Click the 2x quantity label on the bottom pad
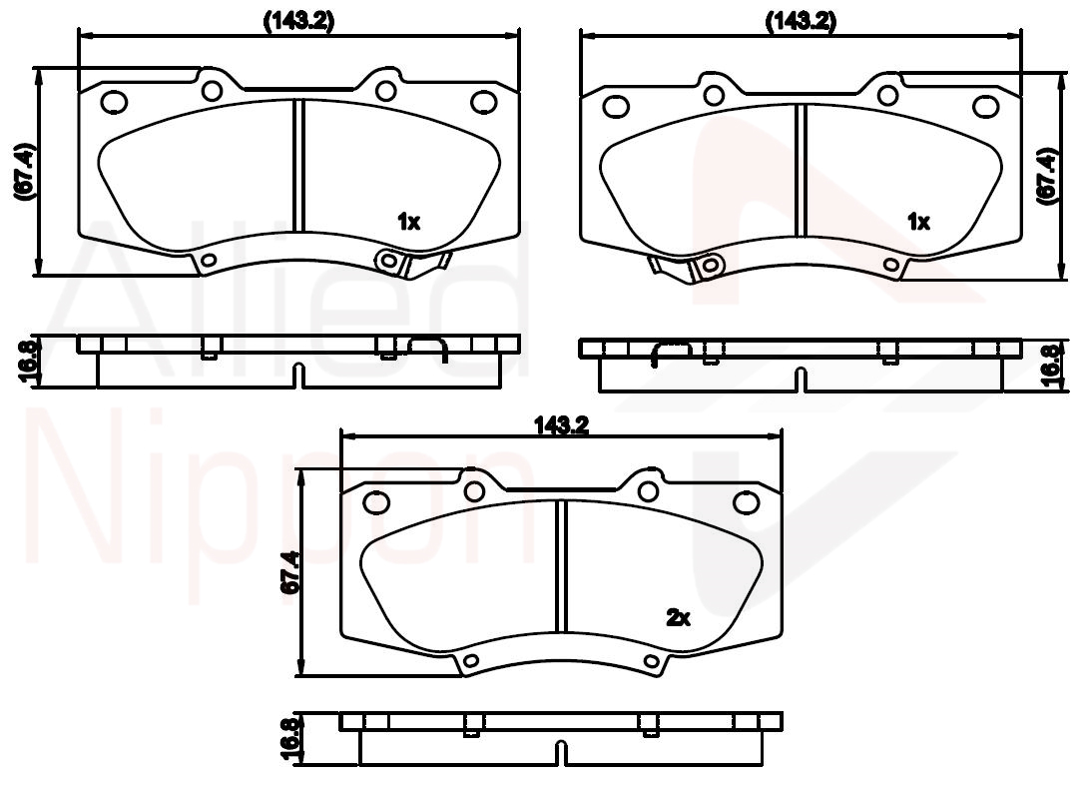pyautogui.click(x=678, y=617)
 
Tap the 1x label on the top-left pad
pyautogui.click(x=408, y=222)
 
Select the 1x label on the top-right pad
pyautogui.click(x=918, y=222)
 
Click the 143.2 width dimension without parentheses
pyautogui.click(x=561, y=426)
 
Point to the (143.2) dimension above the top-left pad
pyautogui.click(x=298, y=21)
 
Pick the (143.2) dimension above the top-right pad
pyautogui.click(x=802, y=21)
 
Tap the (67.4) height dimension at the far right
pyautogui.click(x=1046, y=176)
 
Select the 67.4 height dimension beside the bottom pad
pyautogui.click(x=290, y=572)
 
